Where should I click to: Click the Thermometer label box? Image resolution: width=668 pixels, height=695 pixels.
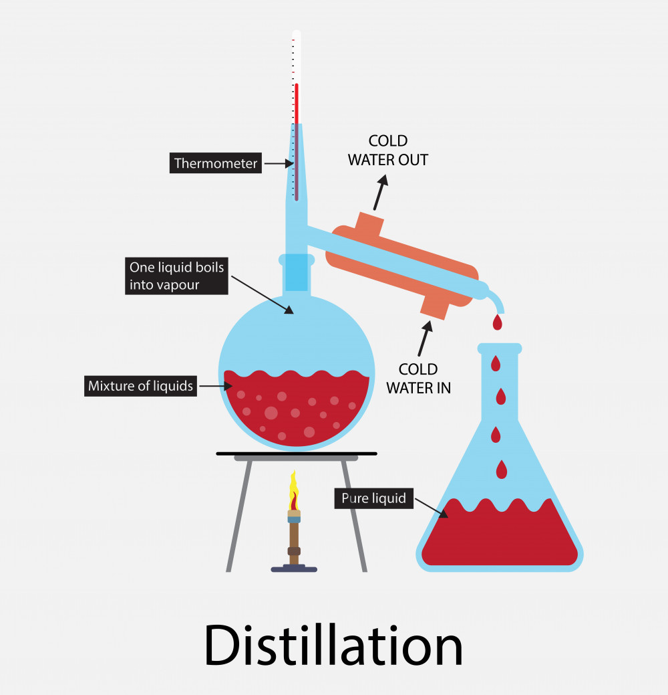pyautogui.click(x=216, y=163)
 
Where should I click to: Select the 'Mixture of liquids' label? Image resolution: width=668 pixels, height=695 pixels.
pyautogui.click(x=141, y=386)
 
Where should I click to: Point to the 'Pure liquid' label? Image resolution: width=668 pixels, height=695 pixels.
pyautogui.click(x=373, y=498)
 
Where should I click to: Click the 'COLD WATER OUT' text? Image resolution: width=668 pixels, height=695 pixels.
pyautogui.click(x=388, y=151)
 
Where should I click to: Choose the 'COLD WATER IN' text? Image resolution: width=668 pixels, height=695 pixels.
pyautogui.click(x=418, y=379)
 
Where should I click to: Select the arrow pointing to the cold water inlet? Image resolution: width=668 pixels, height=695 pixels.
pyautogui.click(x=424, y=338)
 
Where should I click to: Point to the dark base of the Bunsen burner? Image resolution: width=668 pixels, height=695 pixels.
pyautogui.click(x=294, y=569)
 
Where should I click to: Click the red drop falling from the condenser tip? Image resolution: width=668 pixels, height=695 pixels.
pyautogui.click(x=497, y=323)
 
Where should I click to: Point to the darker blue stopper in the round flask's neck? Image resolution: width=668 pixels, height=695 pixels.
pyautogui.click(x=297, y=274)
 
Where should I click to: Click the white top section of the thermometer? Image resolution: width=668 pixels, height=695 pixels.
pyautogui.click(x=296, y=57)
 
